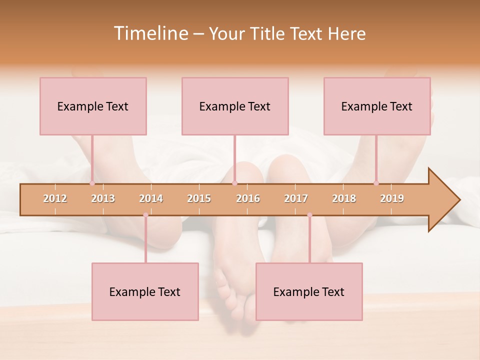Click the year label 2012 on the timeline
point(55,198)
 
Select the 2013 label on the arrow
point(103,198)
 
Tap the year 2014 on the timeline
point(151,198)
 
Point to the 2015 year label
point(199,198)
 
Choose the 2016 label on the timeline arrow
point(248,198)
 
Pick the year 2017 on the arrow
point(296,198)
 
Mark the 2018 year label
point(344,198)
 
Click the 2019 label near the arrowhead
point(392,198)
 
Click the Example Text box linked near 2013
point(93,106)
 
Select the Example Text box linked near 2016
point(235,106)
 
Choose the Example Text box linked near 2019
point(377,106)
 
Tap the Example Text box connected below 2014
point(145,291)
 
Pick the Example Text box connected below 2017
point(309,291)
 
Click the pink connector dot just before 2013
point(92,183)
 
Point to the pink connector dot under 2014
point(145,215)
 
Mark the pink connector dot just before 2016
point(234,183)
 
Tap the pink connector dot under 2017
point(309,215)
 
